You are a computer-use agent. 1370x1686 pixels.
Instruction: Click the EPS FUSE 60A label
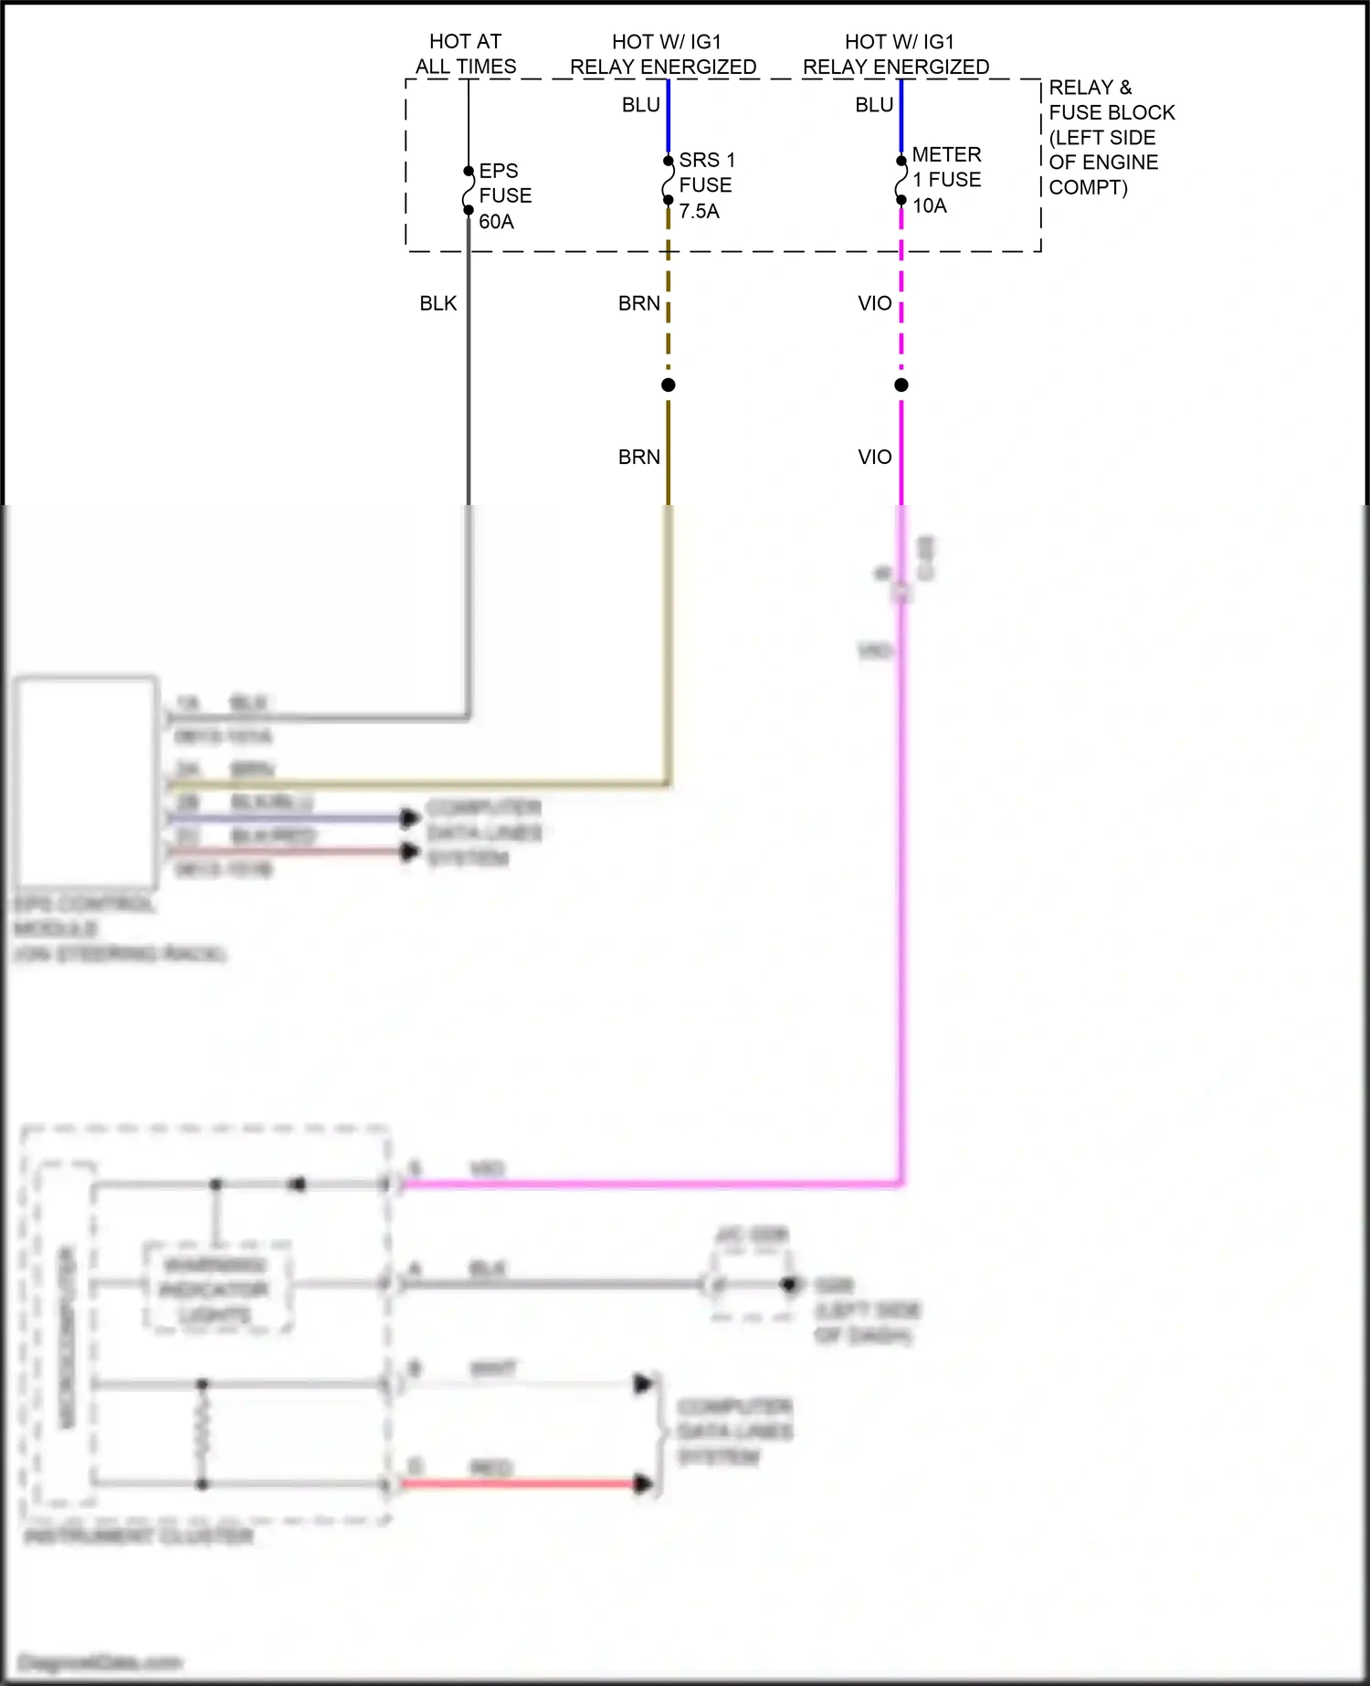(x=504, y=196)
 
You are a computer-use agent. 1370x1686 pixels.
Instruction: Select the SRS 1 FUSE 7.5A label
(x=706, y=185)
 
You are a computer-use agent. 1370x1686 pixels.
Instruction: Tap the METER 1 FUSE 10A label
(x=946, y=180)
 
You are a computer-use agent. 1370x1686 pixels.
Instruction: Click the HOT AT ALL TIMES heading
(x=466, y=54)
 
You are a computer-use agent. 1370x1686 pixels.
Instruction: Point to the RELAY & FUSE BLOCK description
(x=1111, y=138)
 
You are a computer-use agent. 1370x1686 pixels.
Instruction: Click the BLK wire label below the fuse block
(x=437, y=303)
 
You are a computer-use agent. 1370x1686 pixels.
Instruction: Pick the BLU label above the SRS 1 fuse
(x=640, y=105)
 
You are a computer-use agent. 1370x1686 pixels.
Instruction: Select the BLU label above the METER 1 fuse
(x=873, y=105)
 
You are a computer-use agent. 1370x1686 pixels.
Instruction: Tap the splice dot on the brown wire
(x=669, y=385)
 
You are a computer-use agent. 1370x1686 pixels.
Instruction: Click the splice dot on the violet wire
(x=901, y=385)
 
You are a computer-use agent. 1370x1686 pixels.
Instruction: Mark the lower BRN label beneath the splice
(x=638, y=457)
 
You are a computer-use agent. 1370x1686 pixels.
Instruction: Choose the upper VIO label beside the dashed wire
(x=874, y=303)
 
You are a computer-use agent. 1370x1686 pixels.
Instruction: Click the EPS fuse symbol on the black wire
(x=469, y=191)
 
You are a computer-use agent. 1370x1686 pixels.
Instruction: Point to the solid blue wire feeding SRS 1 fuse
(x=669, y=119)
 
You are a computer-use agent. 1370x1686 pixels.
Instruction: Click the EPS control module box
(x=86, y=781)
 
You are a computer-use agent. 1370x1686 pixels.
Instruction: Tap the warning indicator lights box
(x=216, y=1289)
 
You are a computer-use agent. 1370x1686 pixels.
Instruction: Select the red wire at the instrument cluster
(x=521, y=1483)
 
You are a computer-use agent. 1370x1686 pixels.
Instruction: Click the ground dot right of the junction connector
(x=789, y=1285)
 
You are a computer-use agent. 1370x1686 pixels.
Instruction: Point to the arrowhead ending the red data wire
(x=644, y=1483)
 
